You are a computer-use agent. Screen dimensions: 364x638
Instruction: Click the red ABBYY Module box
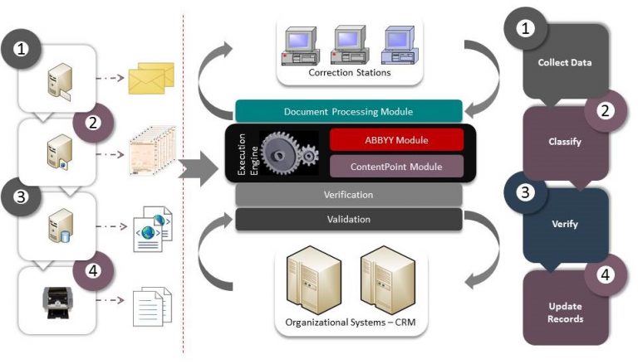pos(385,139)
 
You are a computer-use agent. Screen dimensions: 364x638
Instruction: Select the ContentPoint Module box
pos(385,167)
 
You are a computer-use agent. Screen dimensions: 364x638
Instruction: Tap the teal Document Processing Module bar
pos(348,111)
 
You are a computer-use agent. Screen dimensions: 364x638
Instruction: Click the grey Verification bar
pos(348,195)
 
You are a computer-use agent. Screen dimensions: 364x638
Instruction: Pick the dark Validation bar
pos(348,220)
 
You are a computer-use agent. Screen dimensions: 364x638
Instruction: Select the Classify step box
pos(565,142)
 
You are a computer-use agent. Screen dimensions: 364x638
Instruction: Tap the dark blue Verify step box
pos(565,224)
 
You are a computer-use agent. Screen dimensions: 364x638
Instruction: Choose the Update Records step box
pos(565,312)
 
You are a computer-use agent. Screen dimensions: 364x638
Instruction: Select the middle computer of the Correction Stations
pos(348,45)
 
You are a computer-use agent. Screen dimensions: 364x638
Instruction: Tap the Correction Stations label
pos(349,73)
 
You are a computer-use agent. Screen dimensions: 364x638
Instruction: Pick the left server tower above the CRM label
pos(304,279)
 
